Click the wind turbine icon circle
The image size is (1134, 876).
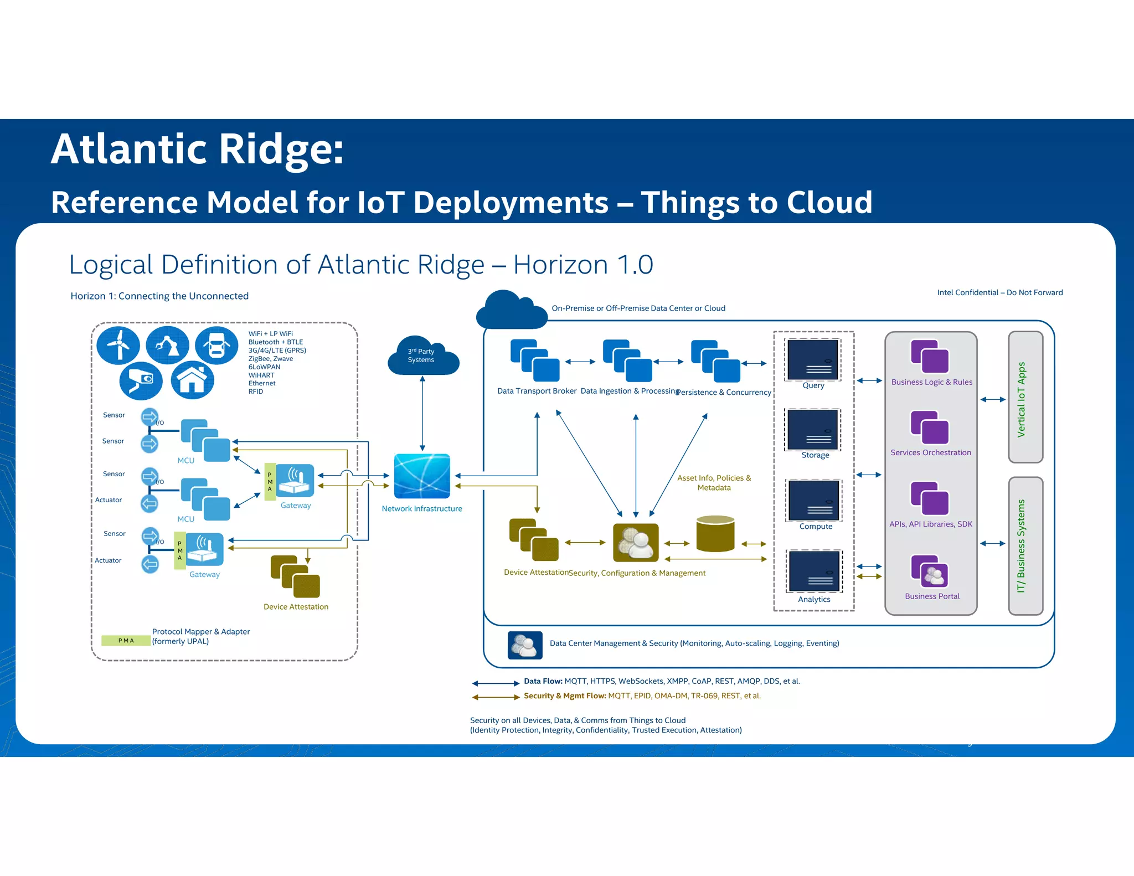118,345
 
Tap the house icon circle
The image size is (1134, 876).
192,380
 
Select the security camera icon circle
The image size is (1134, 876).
141,380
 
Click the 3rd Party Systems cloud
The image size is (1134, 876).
422,356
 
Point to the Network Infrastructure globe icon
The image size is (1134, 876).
422,476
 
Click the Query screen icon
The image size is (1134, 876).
813,359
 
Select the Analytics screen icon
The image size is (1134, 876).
814,571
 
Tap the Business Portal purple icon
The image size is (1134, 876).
930,571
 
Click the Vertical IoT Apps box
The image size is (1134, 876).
1025,397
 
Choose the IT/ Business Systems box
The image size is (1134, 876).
1025,546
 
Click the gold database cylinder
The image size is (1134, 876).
715,534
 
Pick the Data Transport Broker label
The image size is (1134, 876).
537,391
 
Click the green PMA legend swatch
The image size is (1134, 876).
126,641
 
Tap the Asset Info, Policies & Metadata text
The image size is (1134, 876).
714,483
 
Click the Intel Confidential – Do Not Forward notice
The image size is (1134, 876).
999,292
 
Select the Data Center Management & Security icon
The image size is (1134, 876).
525,645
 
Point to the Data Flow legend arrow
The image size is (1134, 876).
495,683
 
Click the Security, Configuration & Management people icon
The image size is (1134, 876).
636,543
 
